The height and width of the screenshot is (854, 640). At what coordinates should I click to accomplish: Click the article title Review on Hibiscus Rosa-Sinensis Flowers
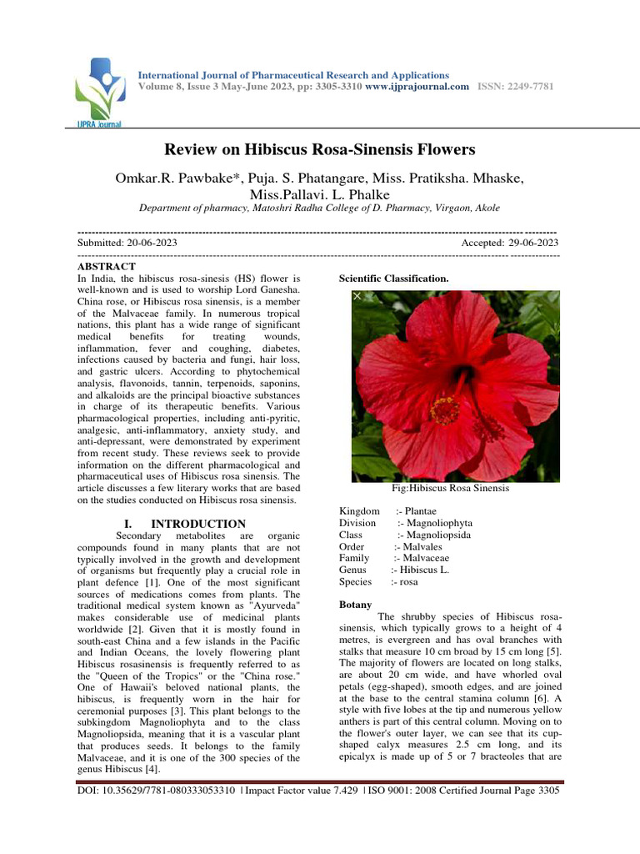[x=319, y=150]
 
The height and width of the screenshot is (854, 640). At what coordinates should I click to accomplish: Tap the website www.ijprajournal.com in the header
[x=417, y=87]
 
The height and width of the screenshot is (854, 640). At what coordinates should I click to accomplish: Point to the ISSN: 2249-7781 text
[x=515, y=87]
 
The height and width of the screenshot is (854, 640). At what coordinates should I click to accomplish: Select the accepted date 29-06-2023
[x=530, y=242]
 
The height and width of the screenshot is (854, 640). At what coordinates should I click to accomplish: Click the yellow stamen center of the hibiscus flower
[x=445, y=409]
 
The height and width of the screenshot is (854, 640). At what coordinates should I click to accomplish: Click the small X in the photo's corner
[x=357, y=296]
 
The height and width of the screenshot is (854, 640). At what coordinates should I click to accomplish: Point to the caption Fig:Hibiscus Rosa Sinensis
[x=450, y=488]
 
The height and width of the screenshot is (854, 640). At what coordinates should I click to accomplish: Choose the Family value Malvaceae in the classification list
[x=424, y=558]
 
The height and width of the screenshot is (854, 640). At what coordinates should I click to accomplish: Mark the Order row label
[x=352, y=546]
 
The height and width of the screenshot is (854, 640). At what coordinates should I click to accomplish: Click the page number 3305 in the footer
[x=546, y=789]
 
